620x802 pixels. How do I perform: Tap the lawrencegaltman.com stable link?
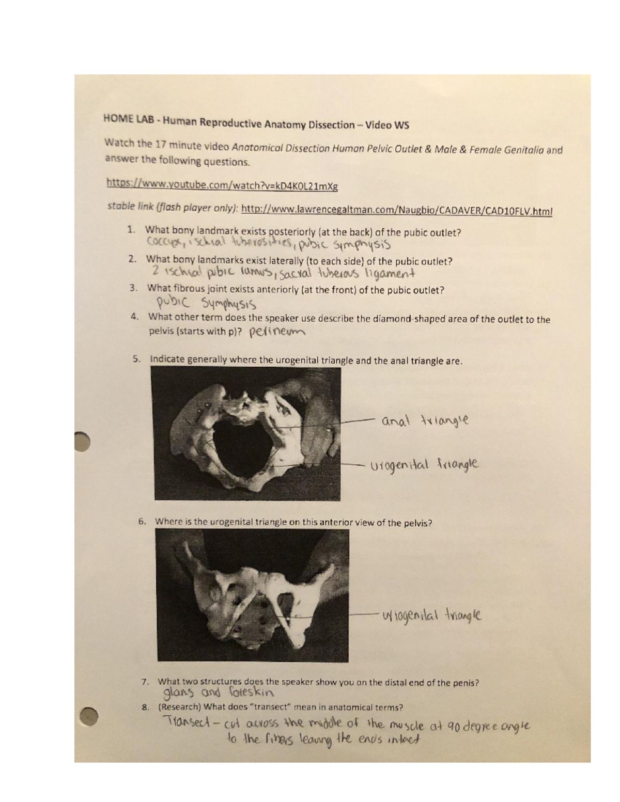[397, 210]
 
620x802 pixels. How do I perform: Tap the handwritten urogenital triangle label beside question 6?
[432, 615]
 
